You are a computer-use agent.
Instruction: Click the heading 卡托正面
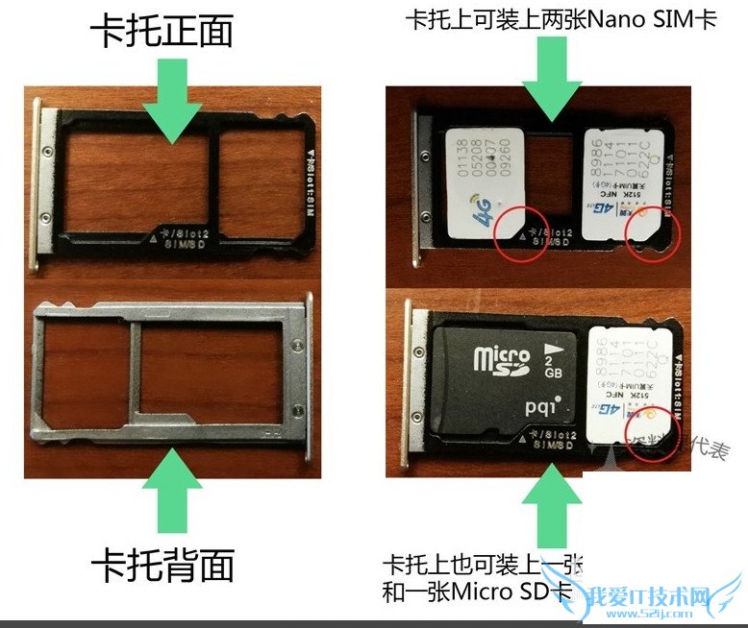tap(162, 33)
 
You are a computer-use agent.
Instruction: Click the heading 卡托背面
tap(162, 566)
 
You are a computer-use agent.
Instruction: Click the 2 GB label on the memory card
tap(554, 356)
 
